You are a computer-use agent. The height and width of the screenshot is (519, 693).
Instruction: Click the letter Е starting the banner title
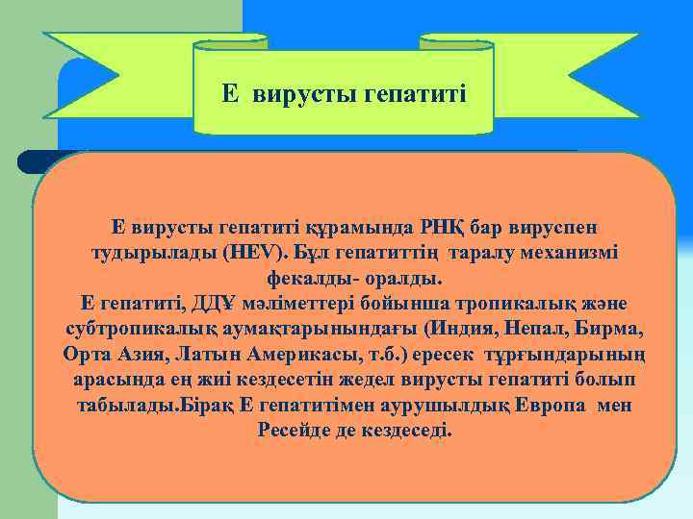click(x=229, y=93)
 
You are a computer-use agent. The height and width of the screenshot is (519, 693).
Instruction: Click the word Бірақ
click(x=209, y=405)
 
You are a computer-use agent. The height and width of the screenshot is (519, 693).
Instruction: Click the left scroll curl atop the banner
click(x=231, y=43)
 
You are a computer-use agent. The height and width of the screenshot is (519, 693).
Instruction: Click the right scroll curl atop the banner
click(x=456, y=43)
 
